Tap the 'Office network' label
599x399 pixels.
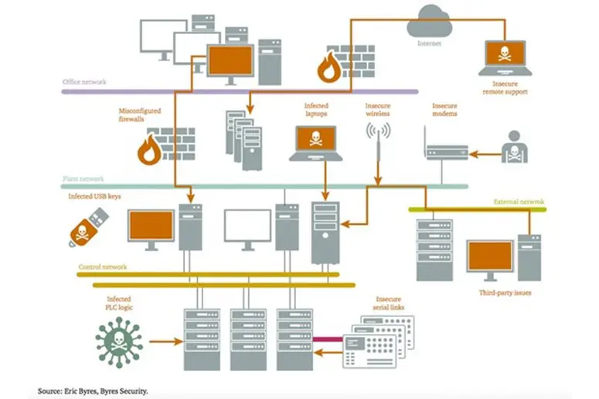click(x=84, y=82)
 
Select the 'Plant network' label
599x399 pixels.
click(x=83, y=179)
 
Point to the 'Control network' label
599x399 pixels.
click(x=102, y=267)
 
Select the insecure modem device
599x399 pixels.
click(x=447, y=150)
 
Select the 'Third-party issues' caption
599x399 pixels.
click(x=505, y=293)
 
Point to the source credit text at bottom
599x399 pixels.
click(x=93, y=390)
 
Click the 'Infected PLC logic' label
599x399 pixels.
click(x=118, y=303)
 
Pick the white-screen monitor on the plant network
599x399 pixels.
click(x=247, y=227)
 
